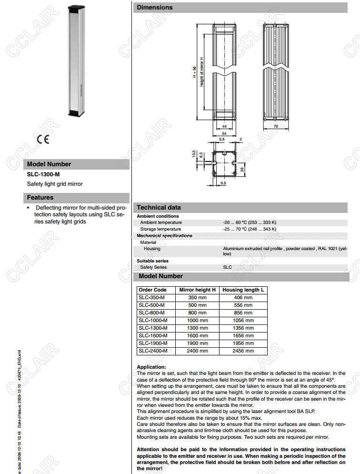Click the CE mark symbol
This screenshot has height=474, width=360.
pos(42,140)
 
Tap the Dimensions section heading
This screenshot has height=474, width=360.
pos(155,8)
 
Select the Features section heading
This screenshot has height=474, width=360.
pos(40,197)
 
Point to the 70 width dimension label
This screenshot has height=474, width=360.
pos(276,127)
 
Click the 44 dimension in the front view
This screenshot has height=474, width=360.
pos(224,126)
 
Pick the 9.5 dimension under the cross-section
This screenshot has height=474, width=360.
pos(223,182)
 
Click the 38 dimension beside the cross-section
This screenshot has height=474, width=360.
pos(242,169)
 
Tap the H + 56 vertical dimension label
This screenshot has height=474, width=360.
pos(195,73)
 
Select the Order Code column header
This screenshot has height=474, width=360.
pos(152,290)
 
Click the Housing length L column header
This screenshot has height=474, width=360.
pos(243,290)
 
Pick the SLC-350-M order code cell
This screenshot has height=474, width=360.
pos(151,297)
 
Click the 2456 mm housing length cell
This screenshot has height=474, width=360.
pos(243,351)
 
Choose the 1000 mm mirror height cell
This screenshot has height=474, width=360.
pos(197,320)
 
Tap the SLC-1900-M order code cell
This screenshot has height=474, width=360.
pos(153,343)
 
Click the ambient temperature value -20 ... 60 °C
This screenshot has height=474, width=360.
pos(250,222)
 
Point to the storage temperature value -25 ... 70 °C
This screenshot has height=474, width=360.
pos(250,229)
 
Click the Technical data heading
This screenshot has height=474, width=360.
pos(159,208)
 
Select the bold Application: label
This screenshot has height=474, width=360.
pos(151,367)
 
